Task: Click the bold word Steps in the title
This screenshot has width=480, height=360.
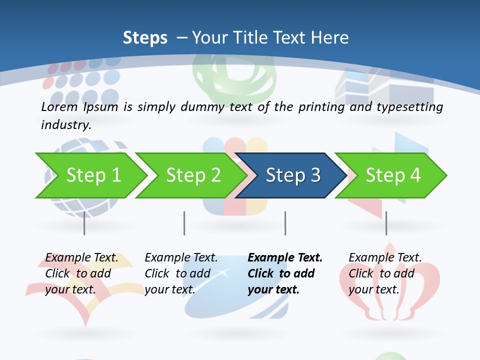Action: (x=145, y=38)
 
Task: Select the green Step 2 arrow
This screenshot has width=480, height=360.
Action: (x=193, y=175)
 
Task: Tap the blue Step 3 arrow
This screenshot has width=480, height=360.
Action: (x=292, y=175)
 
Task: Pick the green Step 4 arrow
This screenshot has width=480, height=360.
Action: (x=392, y=175)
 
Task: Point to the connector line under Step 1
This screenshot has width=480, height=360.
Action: (x=84, y=223)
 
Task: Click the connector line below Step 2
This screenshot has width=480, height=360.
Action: (x=184, y=223)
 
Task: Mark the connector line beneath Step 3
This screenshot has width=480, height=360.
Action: (x=285, y=223)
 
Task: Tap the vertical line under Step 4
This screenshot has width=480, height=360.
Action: (x=386, y=223)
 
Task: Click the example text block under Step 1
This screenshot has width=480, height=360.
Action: (x=81, y=273)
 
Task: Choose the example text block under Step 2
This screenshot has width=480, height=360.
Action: (x=181, y=273)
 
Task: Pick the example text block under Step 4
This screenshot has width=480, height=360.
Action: (x=385, y=273)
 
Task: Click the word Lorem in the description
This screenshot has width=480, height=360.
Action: (x=59, y=106)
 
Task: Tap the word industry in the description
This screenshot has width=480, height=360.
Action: (x=66, y=124)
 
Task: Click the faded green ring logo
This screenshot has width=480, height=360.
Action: (x=234, y=80)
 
